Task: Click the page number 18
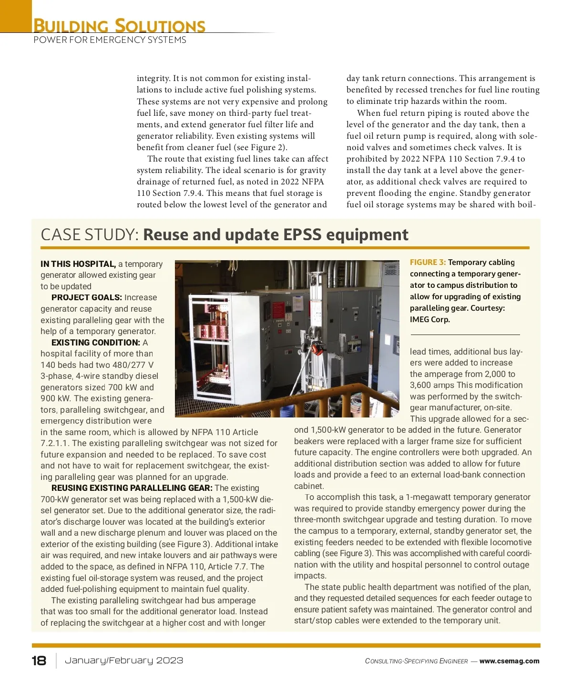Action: [x=39, y=661]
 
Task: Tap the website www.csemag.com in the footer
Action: [x=509, y=661]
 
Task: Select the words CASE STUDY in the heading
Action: [x=90, y=235]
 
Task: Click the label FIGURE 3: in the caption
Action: [x=428, y=263]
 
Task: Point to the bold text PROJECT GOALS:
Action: [x=87, y=298]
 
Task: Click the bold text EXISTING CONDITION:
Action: [x=96, y=343]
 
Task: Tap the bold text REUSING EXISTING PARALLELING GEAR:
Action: [x=132, y=488]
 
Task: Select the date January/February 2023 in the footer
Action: [x=124, y=661]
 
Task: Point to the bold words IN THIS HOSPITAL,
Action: [x=78, y=264]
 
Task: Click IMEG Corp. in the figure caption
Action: [x=429, y=320]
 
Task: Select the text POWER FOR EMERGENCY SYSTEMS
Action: [x=110, y=40]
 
